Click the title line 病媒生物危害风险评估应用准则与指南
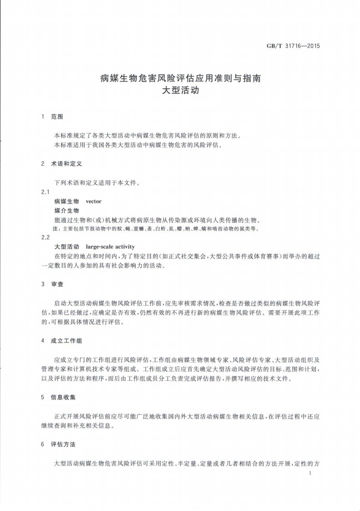click(x=180, y=78)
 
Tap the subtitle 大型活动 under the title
click(x=180, y=90)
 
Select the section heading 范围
click(x=57, y=117)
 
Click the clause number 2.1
click(x=45, y=192)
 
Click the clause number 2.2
click(x=45, y=237)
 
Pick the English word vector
click(x=94, y=201)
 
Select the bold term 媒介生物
click(x=66, y=210)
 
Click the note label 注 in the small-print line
click(x=56, y=229)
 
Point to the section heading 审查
click(x=57, y=284)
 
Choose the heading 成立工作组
click(x=66, y=341)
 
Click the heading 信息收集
click(x=63, y=397)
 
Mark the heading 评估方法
click(x=63, y=444)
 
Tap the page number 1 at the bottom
click(x=309, y=474)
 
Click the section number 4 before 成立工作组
click(x=42, y=341)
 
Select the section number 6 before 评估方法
click(x=42, y=444)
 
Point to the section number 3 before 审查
click(x=42, y=284)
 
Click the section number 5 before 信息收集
click(x=42, y=397)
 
